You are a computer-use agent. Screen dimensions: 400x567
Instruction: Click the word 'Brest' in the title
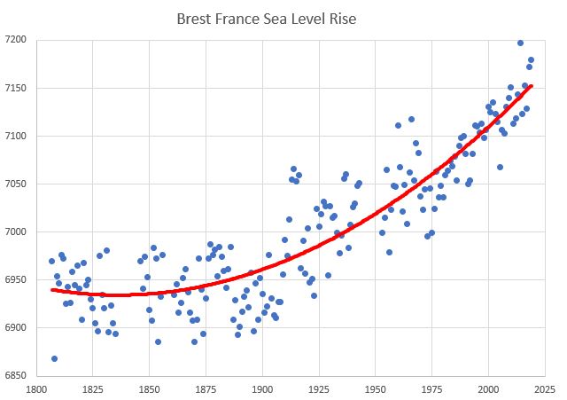coord(195,18)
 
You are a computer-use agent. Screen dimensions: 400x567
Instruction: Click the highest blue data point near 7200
coord(520,43)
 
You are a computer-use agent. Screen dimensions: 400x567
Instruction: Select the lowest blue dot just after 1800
coord(54,358)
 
